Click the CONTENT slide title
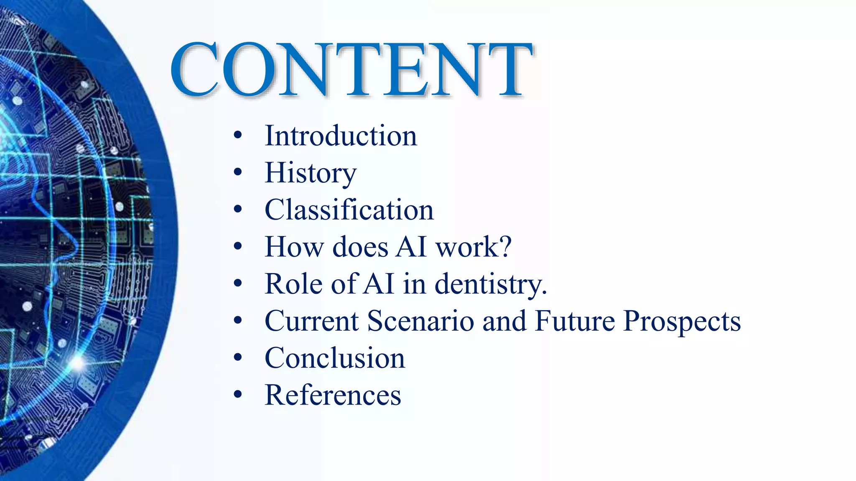pyautogui.click(x=351, y=69)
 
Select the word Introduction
pyautogui.click(x=341, y=136)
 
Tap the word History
pyautogui.click(x=311, y=173)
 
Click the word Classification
pyautogui.click(x=349, y=210)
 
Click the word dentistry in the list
pyautogui.click(x=491, y=284)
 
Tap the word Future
pyautogui.click(x=575, y=321)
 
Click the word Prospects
pyautogui.click(x=682, y=321)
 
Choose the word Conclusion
pyautogui.click(x=335, y=358)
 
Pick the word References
pyautogui.click(x=333, y=395)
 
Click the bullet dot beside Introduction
pyautogui.click(x=238, y=136)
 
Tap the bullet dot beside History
pyautogui.click(x=238, y=172)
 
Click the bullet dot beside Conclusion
pyautogui.click(x=238, y=358)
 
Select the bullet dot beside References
pyautogui.click(x=238, y=395)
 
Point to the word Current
pyautogui.click(x=312, y=321)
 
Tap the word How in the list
pyautogui.click(x=294, y=247)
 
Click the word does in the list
pyautogui.click(x=360, y=247)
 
